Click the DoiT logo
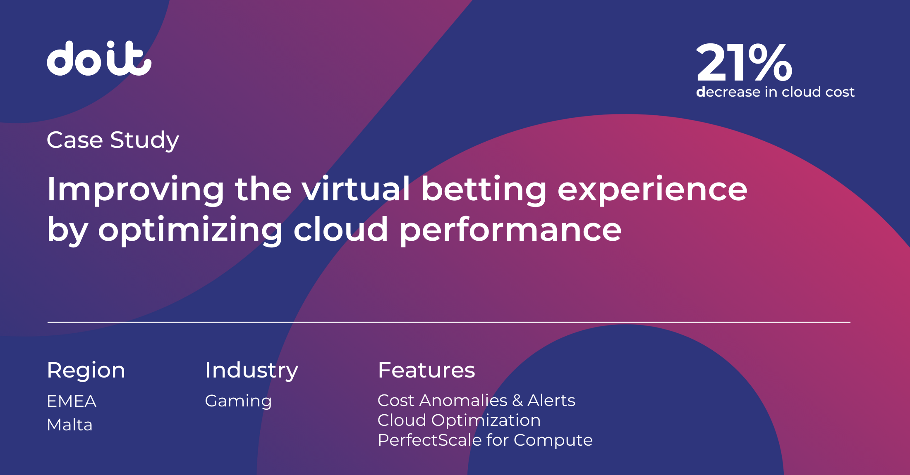coord(99,58)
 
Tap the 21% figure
coord(744,63)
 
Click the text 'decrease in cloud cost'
coord(775,92)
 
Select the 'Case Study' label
coord(113,140)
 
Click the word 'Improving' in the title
coord(135,190)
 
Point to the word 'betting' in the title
coord(484,190)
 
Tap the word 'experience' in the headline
coord(652,190)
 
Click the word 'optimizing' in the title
coord(190,230)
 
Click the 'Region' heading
coord(86,370)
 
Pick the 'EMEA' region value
coord(72,401)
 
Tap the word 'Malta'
coord(69,425)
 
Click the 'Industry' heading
coord(251,370)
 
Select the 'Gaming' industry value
coord(238,401)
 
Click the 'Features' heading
coord(426,370)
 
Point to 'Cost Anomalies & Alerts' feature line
coord(476,400)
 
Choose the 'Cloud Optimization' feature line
coord(459,420)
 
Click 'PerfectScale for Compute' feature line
coord(485,440)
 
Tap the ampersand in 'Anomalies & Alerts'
coord(517,401)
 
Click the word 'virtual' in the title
coord(356,189)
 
